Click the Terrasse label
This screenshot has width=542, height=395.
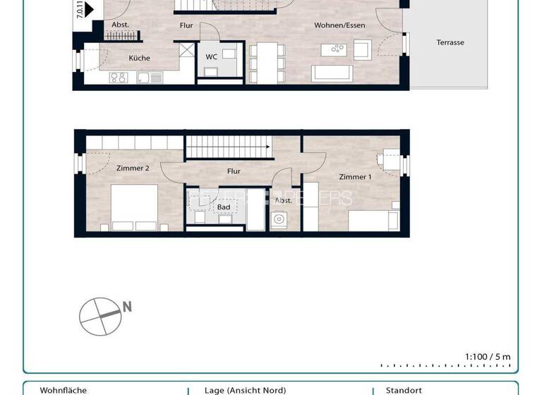pos(450,42)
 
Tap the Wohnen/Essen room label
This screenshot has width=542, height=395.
pos(339,25)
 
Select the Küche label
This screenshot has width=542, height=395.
pos(139,58)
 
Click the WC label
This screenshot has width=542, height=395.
pos(211,56)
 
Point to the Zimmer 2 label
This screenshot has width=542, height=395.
pos(132,168)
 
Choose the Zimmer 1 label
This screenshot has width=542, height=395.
pos(354,176)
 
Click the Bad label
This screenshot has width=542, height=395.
pos(223,207)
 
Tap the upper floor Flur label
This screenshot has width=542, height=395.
pos(234,171)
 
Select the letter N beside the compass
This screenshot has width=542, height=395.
pos(127,307)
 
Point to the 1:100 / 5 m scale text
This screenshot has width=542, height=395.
pos(487,357)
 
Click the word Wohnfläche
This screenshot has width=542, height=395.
pos(63,390)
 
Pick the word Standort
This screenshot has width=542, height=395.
pos(404,390)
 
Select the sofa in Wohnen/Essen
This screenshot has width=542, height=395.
pos(332,73)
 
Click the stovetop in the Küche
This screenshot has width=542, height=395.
pos(118,78)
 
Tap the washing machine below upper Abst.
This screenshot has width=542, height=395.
pos(279,220)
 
